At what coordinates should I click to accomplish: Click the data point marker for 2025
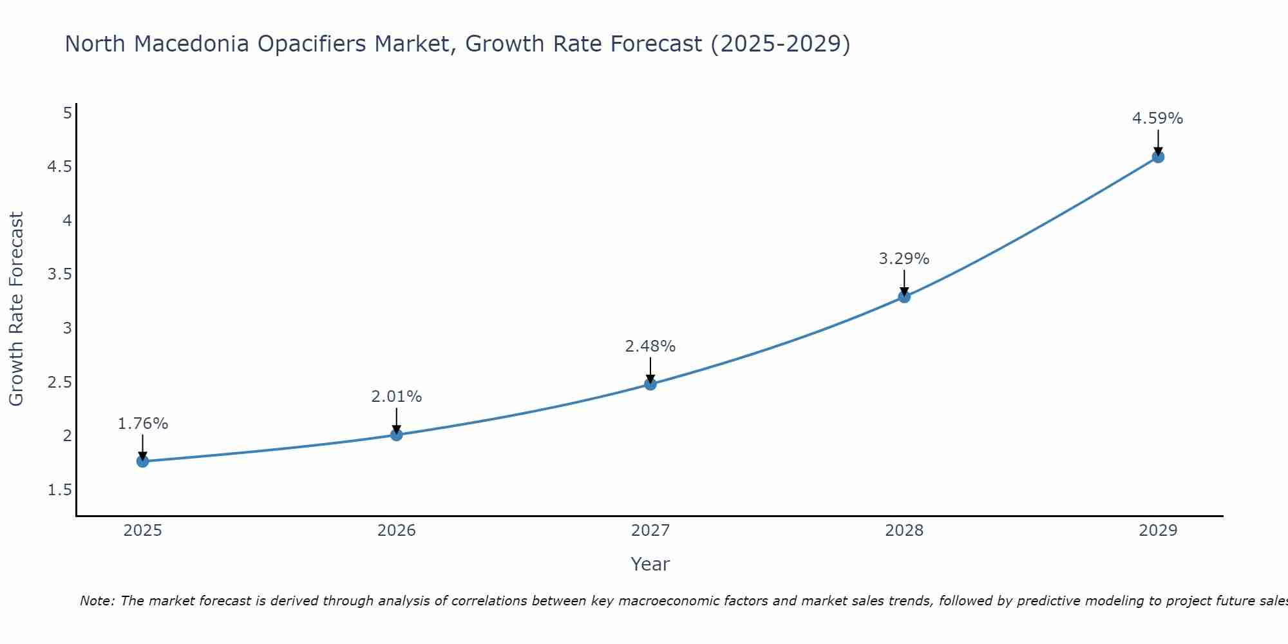(x=143, y=461)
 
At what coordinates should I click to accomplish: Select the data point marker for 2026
(x=397, y=435)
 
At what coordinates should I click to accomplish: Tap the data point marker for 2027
(x=650, y=384)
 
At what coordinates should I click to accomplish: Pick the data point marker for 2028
(x=904, y=297)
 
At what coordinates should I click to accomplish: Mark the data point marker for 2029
(x=1158, y=156)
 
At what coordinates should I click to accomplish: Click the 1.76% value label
(x=143, y=424)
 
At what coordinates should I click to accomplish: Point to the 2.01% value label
(x=397, y=397)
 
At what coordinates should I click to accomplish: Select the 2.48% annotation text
(x=650, y=346)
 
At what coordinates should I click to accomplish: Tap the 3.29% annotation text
(x=904, y=259)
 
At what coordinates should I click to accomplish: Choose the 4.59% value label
(x=1158, y=118)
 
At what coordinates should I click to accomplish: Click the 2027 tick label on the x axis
(x=650, y=531)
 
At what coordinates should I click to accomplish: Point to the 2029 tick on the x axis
(x=1158, y=531)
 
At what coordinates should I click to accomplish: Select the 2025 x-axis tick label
(x=143, y=531)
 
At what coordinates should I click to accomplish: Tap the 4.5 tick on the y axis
(x=59, y=167)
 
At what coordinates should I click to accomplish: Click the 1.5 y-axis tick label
(x=59, y=490)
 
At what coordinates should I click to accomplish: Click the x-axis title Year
(x=650, y=564)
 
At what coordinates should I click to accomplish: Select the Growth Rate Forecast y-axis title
(x=17, y=309)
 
